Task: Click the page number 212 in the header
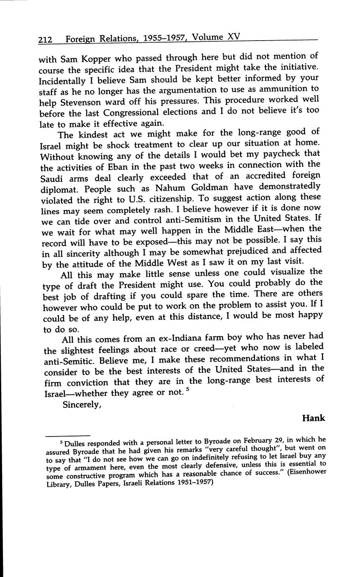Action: (45, 40)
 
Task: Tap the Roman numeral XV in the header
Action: (232, 37)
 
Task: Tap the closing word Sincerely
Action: (82, 404)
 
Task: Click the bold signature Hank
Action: (313, 418)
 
